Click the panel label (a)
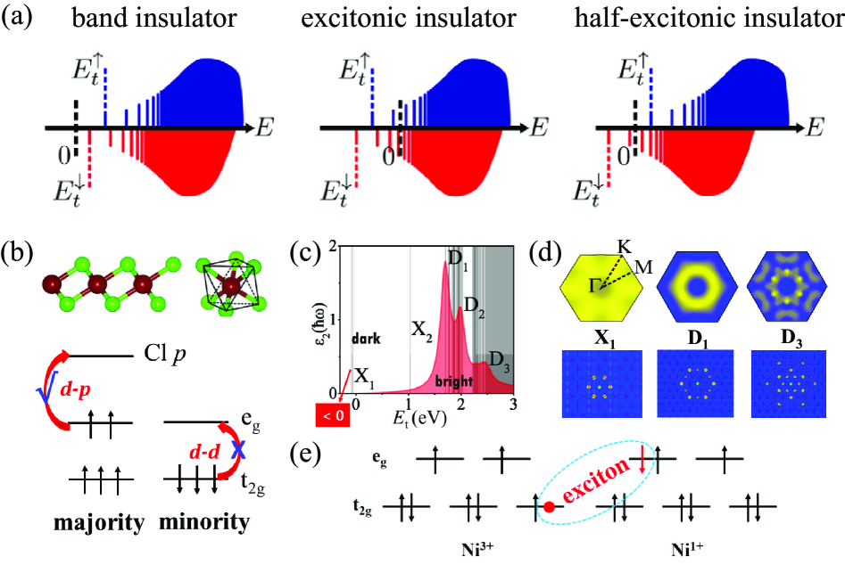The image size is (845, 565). click(20, 19)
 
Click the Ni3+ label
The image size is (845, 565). click(473, 546)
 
